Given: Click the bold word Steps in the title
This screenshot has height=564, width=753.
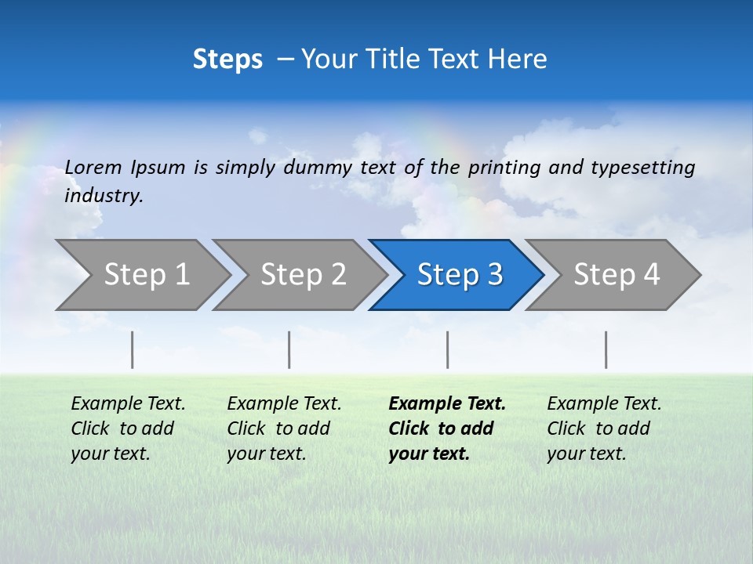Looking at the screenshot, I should point(227,60).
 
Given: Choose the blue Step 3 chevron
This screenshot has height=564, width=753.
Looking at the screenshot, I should point(460,275).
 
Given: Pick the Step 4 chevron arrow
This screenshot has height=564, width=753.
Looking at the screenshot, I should point(617,275).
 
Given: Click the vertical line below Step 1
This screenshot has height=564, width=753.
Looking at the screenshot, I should point(132,349).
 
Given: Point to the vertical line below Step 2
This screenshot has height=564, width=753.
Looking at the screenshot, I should point(289,349).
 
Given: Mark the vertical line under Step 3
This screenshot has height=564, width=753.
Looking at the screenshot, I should point(447,349).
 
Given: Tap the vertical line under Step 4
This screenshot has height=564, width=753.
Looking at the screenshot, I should point(606,349).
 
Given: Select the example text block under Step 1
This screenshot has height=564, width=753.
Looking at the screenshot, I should point(128,428).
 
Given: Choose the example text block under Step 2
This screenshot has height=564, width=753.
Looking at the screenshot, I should point(284,428).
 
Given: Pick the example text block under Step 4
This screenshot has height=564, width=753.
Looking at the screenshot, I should point(604,428).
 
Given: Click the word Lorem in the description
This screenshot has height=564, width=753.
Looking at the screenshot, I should point(93,168).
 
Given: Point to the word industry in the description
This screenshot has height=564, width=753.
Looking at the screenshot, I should point(104,196).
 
